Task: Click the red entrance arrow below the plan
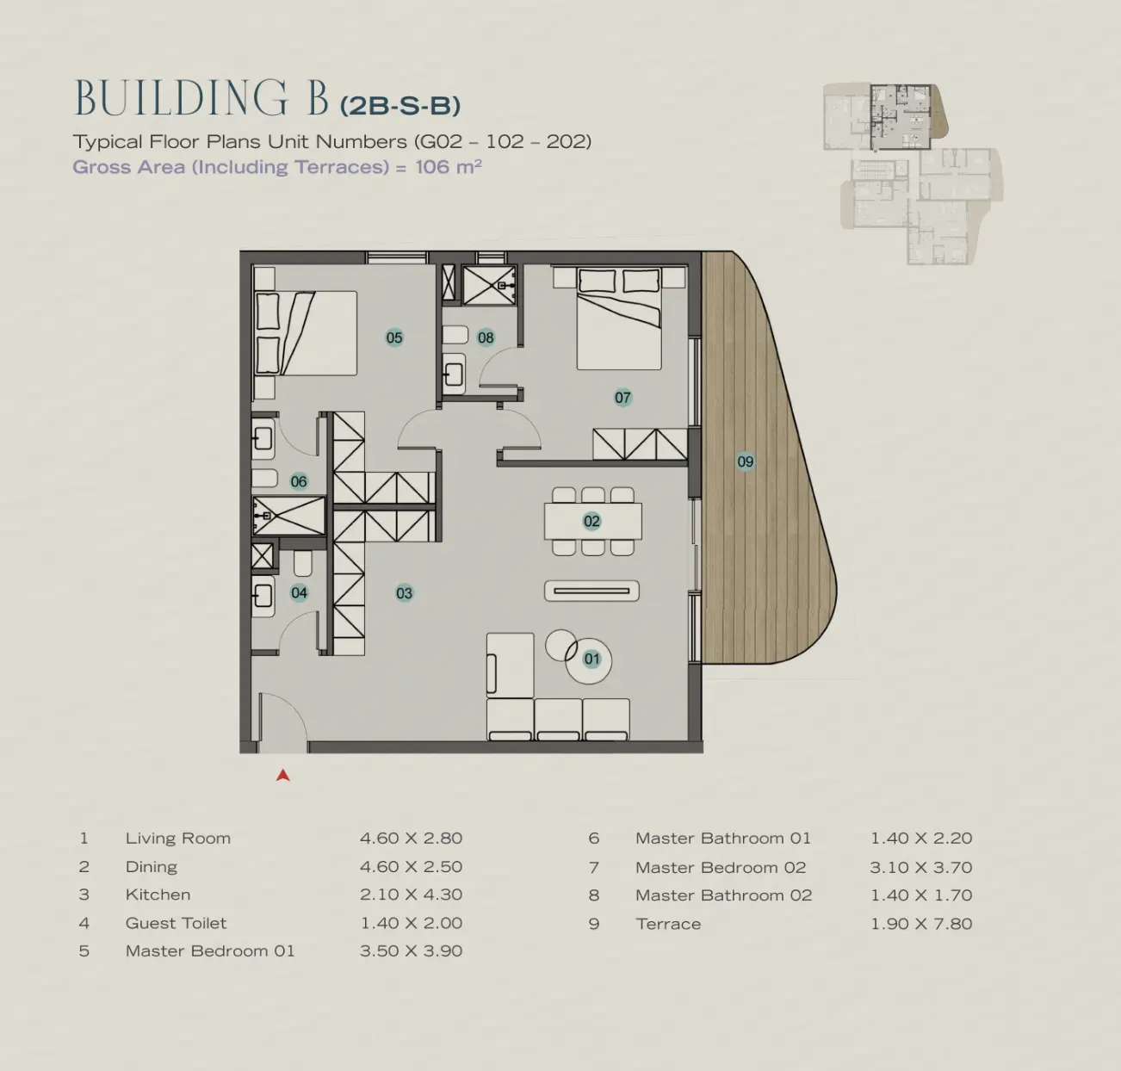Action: [x=283, y=776]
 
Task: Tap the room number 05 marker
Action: [x=394, y=337]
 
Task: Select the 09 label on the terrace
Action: [x=746, y=461]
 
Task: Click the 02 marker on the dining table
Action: [x=591, y=522]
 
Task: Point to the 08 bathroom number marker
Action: [x=486, y=337]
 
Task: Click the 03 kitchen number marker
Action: [x=405, y=593]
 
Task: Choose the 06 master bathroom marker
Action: [x=299, y=481]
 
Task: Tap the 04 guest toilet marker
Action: [x=299, y=593]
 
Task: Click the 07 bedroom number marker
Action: [x=622, y=398]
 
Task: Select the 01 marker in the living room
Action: [x=591, y=659]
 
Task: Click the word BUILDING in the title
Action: [x=182, y=98]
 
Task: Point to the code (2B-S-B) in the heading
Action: [x=400, y=106]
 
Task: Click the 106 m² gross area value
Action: [x=449, y=166]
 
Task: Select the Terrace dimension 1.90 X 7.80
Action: [x=921, y=924]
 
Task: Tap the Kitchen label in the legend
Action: [x=158, y=895]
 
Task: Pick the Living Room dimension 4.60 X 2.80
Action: [x=411, y=839]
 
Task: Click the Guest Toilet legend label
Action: [x=176, y=923]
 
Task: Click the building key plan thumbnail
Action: [x=913, y=174]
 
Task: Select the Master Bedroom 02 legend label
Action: [x=721, y=868]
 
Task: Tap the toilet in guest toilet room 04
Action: [x=303, y=563]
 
